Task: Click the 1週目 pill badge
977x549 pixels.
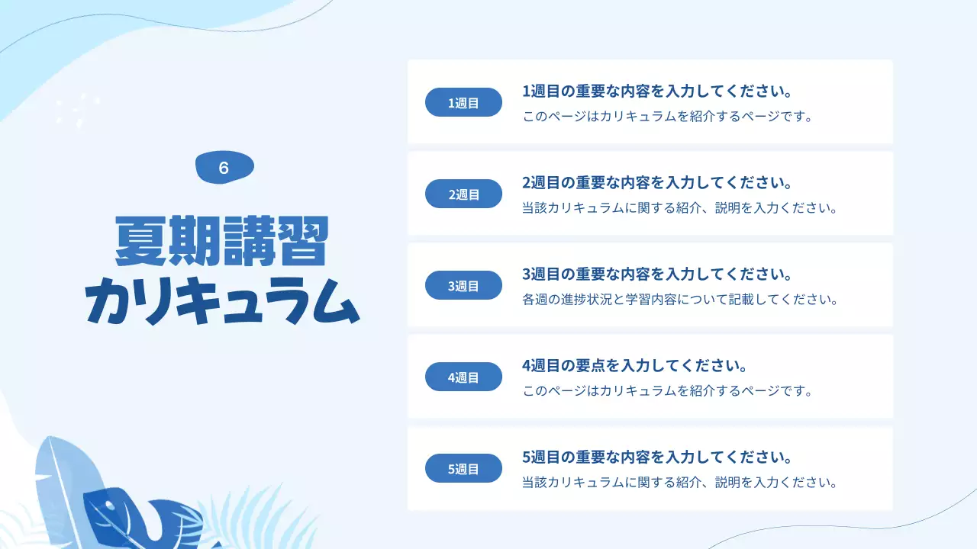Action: click(x=463, y=102)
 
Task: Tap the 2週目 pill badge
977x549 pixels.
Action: click(x=463, y=194)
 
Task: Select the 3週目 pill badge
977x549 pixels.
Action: click(x=463, y=285)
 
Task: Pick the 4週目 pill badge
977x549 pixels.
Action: click(x=463, y=377)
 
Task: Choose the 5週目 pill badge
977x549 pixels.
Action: click(x=463, y=468)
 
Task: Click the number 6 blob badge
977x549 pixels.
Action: click(x=224, y=168)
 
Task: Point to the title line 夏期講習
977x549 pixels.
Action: click(x=221, y=241)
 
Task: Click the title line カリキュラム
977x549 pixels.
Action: click(x=221, y=300)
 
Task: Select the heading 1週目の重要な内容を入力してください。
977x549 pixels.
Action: click(x=657, y=91)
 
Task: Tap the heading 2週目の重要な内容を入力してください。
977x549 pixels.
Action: click(x=657, y=183)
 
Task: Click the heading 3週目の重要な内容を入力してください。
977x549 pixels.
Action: click(x=657, y=274)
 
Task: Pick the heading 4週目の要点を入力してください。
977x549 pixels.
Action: click(x=634, y=366)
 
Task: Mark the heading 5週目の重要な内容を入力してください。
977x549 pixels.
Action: click(x=657, y=457)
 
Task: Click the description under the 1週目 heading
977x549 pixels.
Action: click(x=666, y=117)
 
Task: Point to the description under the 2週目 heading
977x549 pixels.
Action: click(x=680, y=208)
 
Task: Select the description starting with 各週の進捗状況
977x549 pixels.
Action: click(x=680, y=300)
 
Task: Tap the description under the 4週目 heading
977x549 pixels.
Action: click(x=666, y=391)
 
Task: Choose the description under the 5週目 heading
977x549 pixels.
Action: click(x=680, y=483)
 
